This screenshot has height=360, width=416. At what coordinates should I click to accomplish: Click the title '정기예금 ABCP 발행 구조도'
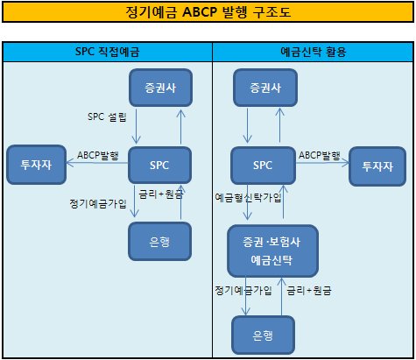coord(208,12)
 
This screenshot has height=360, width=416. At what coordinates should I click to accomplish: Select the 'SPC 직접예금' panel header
coord(108,52)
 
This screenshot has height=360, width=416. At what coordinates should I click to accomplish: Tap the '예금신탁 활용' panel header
coord(314,52)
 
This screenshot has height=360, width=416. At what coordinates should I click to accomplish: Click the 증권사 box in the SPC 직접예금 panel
coord(160,88)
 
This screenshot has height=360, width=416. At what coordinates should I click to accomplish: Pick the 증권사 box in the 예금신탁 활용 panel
coord(265,88)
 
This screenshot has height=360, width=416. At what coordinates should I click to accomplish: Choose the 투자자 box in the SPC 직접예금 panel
coord(37,165)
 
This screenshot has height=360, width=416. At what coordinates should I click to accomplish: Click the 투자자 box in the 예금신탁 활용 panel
coord(377,166)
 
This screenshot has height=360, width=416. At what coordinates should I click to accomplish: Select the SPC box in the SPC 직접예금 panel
coord(159,166)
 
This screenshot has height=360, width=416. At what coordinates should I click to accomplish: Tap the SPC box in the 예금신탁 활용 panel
coord(263,166)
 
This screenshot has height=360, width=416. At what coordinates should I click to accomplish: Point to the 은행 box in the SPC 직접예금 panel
coord(159,241)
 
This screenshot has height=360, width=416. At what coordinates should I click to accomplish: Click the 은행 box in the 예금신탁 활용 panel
coord(263,335)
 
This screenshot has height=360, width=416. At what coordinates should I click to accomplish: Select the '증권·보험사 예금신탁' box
coord(272,251)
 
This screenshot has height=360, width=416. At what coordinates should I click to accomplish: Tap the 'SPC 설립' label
coord(107,117)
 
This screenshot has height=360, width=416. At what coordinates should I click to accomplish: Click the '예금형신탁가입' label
coord(248,198)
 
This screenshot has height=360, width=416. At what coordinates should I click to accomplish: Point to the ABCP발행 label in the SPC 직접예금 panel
coord(98,155)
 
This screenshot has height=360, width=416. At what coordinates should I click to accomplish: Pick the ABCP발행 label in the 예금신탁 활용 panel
coord(320,155)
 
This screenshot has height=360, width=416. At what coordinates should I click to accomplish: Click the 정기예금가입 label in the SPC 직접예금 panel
coord(98,203)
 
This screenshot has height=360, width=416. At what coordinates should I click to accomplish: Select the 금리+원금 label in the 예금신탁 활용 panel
coord(309,291)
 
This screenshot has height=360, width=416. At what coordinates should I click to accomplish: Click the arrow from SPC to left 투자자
coord(97,163)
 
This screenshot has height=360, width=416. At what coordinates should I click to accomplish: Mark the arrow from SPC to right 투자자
coord(322,163)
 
